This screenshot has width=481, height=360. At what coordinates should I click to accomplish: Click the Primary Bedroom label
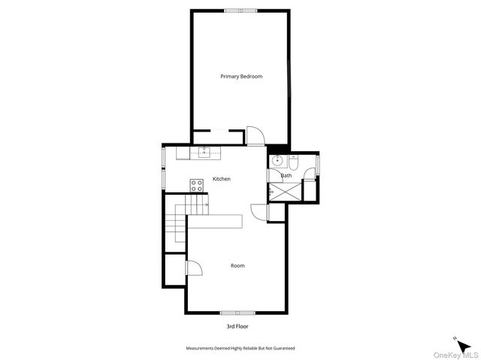(240, 77)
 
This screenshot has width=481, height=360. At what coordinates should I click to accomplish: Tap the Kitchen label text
(222, 179)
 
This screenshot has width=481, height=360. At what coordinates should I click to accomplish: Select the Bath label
(286, 176)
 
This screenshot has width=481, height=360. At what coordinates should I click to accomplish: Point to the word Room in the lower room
(237, 265)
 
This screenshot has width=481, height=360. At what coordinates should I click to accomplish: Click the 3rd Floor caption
(237, 327)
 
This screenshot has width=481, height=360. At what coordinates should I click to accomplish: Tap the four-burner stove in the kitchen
(197, 184)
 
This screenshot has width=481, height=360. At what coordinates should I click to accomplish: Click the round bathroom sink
(277, 160)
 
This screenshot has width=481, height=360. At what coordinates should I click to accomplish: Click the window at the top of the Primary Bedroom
(240, 11)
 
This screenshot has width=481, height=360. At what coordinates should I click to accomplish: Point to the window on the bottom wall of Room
(237, 312)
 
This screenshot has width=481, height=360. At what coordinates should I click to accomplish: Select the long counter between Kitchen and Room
(215, 222)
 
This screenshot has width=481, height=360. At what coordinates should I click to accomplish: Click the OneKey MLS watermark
(458, 355)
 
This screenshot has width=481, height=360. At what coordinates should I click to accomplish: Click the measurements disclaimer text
(240, 349)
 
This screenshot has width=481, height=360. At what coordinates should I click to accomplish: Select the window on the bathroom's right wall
(318, 164)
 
